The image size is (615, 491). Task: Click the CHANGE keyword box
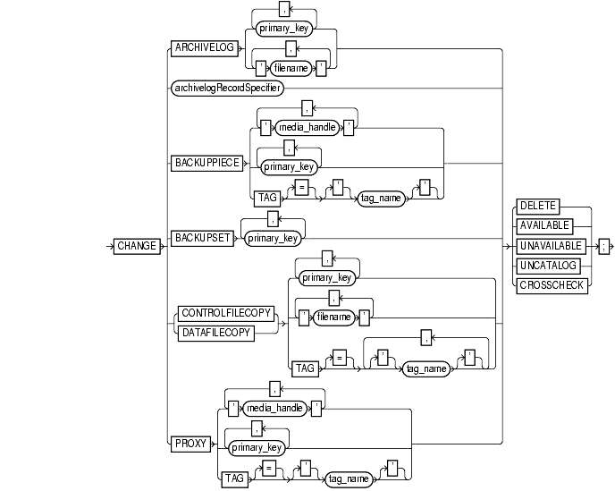pyautogui.click(x=136, y=245)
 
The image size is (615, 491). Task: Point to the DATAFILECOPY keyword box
pyautogui.click(x=216, y=332)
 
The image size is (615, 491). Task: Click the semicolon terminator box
pyautogui.click(x=604, y=245)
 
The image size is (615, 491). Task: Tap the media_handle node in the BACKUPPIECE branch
pyautogui.click(x=307, y=128)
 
